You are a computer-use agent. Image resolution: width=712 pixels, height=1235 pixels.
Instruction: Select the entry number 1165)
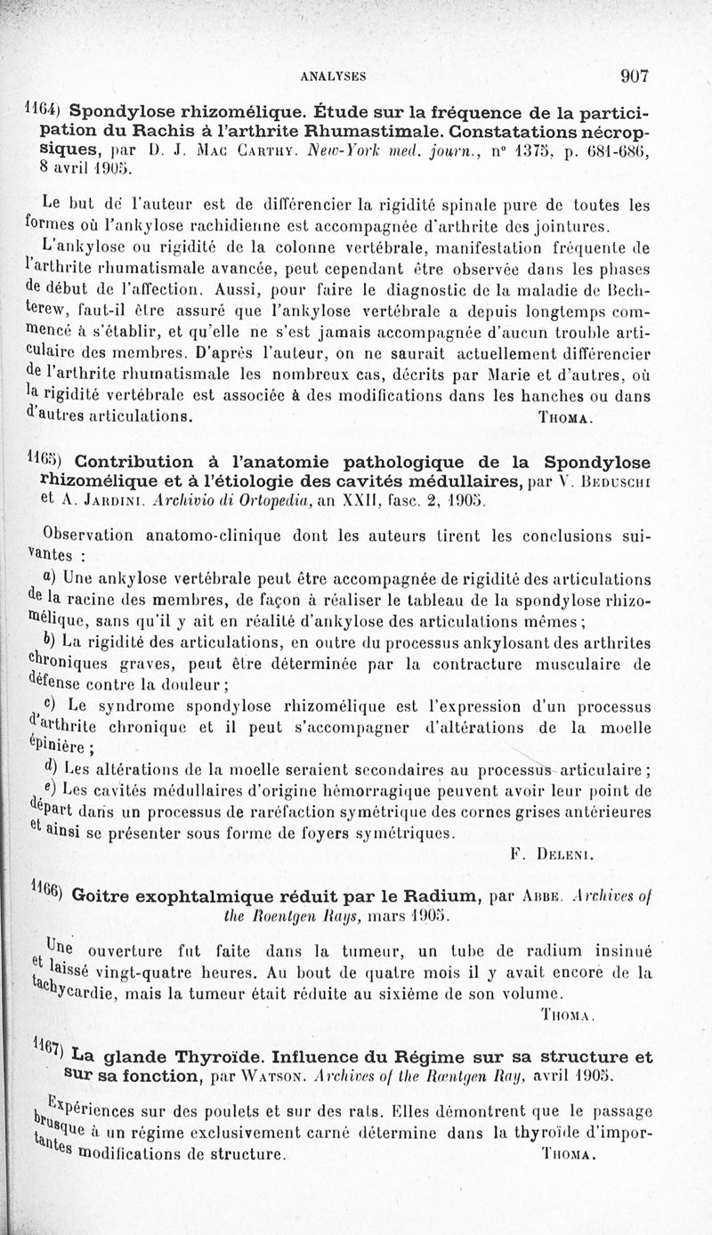(44, 461)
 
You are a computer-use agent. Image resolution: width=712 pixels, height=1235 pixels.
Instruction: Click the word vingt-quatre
(133, 973)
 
